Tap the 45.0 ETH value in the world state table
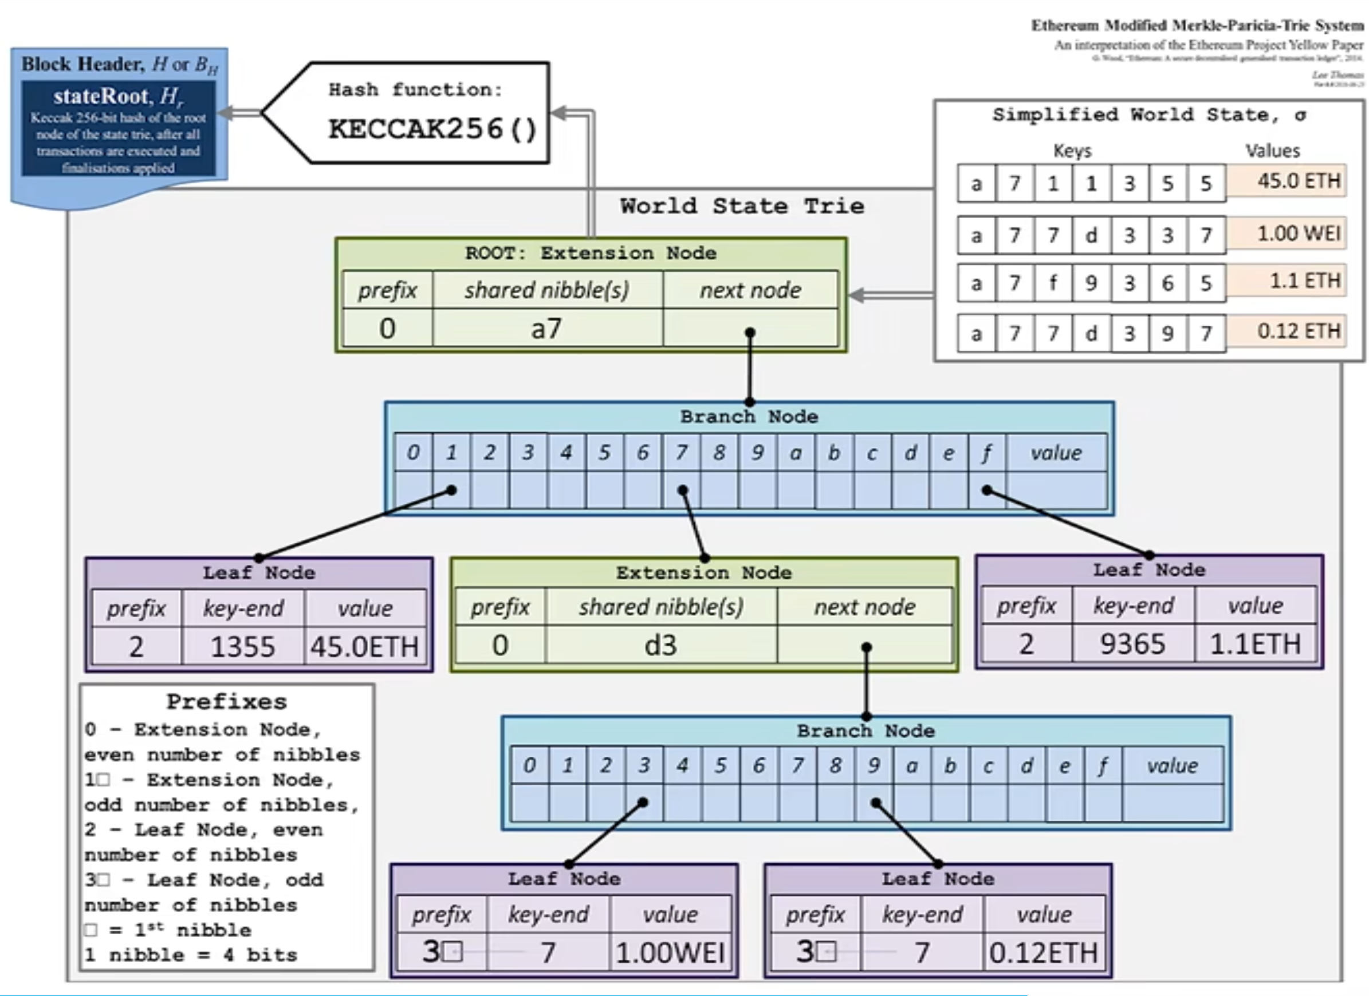pyautogui.click(x=1299, y=181)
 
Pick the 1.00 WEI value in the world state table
pyautogui.click(x=1299, y=234)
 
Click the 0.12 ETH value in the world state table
pyautogui.click(x=1299, y=331)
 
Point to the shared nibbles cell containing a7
pyautogui.click(x=547, y=329)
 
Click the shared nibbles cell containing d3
pyautogui.click(x=661, y=646)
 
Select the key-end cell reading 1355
pyautogui.click(x=243, y=647)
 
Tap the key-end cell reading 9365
pyautogui.click(x=1132, y=644)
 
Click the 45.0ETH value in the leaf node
pyautogui.click(x=364, y=647)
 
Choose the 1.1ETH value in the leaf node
pyautogui.click(x=1255, y=644)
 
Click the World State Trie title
pyautogui.click(x=742, y=206)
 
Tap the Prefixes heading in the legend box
pyautogui.click(x=226, y=702)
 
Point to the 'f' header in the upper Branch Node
pyautogui.click(x=986, y=452)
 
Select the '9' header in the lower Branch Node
pyautogui.click(x=874, y=765)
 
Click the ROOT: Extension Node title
pyautogui.click(x=591, y=253)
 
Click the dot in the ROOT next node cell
pyautogui.click(x=750, y=333)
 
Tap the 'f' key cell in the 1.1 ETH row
pyautogui.click(x=1053, y=282)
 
